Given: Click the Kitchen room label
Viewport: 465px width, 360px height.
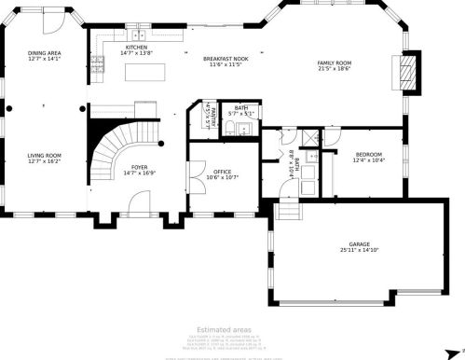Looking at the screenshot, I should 136,47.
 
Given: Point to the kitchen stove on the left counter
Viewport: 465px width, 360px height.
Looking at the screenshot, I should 96,64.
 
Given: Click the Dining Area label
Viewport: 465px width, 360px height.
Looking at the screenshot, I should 43,54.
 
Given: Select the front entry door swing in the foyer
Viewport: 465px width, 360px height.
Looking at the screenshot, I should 138,201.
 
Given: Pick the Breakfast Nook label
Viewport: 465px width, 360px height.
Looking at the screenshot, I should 225,59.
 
